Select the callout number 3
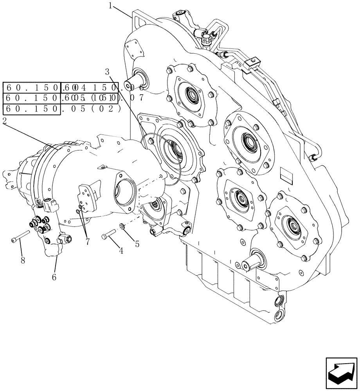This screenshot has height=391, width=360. (107, 72)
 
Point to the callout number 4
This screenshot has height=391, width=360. (121, 251)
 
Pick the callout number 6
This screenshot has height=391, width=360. (54, 277)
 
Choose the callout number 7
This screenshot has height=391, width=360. (87, 242)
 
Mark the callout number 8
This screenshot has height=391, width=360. (23, 259)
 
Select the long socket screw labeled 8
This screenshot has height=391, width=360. (20, 237)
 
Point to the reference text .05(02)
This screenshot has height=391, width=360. (90, 109)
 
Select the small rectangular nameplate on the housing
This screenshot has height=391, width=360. (287, 176)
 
